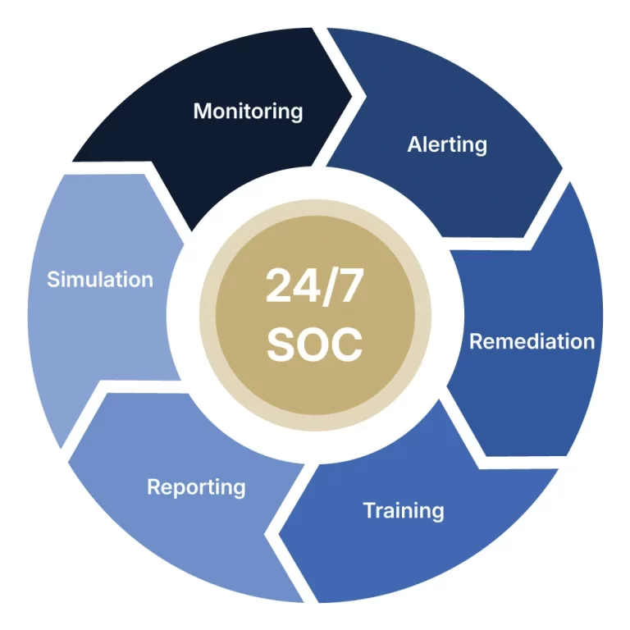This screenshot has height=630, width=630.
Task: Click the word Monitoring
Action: point(248,111)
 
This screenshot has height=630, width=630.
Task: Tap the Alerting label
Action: point(447,145)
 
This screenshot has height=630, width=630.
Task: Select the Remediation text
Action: point(532,341)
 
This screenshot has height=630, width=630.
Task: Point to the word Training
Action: point(404,510)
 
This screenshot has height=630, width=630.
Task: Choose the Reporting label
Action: point(196,487)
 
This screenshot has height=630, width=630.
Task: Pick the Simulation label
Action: point(100,279)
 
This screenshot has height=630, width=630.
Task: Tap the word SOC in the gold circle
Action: point(314,345)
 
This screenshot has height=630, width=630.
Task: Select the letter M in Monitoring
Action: point(202,111)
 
